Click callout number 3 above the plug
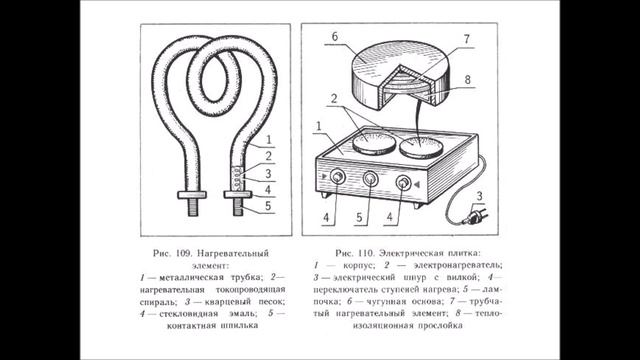click(x=481, y=195)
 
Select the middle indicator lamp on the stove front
click(x=371, y=181)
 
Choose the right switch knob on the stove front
click(x=405, y=183)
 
